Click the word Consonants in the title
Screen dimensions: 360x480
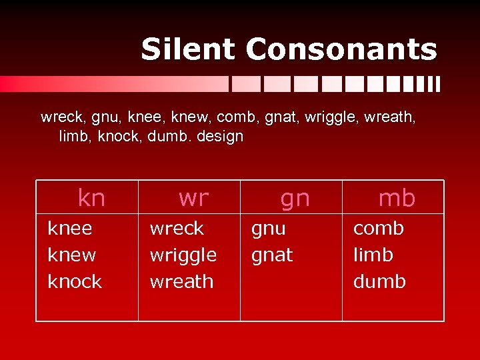coord(341,49)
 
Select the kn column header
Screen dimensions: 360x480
coord(91,198)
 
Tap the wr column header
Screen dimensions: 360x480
coord(193,198)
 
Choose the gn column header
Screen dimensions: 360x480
coord(295,199)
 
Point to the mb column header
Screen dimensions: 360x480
coord(397,198)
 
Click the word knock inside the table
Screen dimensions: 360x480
coord(75,281)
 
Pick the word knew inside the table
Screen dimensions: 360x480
coord(72,255)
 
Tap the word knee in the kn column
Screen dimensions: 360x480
coord(70,229)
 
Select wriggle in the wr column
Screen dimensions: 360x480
coord(183,255)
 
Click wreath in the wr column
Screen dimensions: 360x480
coord(182,281)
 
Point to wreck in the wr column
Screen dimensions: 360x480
coord(177,229)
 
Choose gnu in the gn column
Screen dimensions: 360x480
coord(268,229)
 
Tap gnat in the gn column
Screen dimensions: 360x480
coord(271,255)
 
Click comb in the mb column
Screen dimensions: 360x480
coord(379,229)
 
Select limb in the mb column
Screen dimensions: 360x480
coord(373,255)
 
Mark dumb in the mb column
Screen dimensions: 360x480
coord(379,281)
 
